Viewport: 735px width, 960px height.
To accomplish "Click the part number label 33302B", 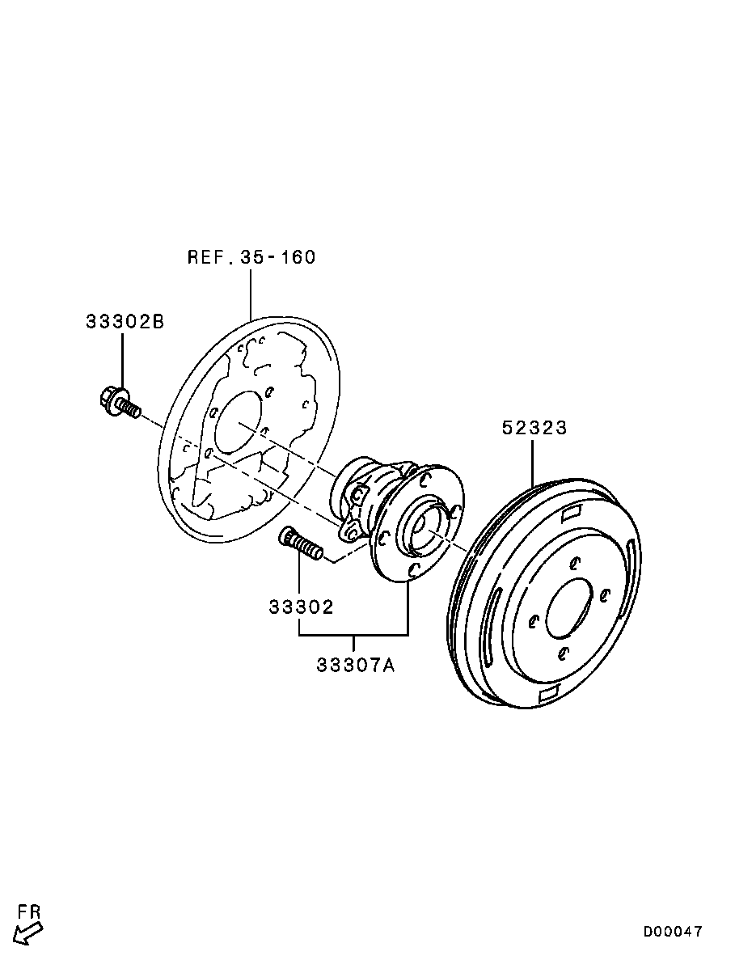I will [125, 322].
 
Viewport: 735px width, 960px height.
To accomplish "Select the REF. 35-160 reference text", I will [251, 257].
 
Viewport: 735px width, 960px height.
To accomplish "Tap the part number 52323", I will [534, 428].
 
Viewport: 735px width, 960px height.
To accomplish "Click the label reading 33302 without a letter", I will [301, 607].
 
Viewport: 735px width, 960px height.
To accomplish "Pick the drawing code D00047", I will [673, 932].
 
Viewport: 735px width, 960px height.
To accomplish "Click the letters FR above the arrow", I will [29, 911].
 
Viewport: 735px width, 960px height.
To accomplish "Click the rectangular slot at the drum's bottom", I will [551, 693].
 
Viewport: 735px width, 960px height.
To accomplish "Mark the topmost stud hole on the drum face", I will [575, 563].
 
